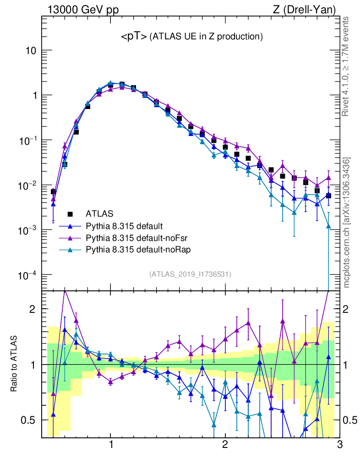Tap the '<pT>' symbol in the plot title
pyautogui.click(x=134, y=37)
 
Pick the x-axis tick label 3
pyautogui.click(x=339, y=445)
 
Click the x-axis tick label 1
pyautogui.click(x=111, y=445)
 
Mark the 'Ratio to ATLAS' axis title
pyautogui.click(x=15, y=364)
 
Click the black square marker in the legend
pyautogui.click(x=70, y=214)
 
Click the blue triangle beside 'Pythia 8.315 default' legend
pyautogui.click(x=70, y=226)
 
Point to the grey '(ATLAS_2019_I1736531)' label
pyautogui.click(x=190, y=274)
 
